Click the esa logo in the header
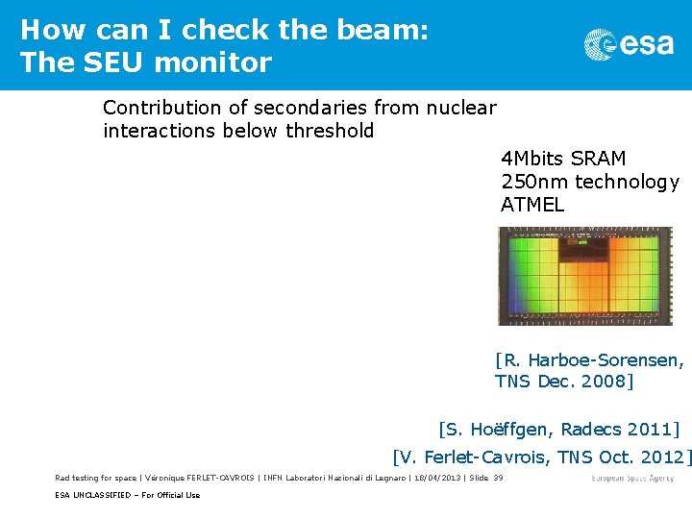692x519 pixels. pos(629,44)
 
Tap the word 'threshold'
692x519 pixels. pos(330,131)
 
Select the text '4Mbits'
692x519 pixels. pos(531,159)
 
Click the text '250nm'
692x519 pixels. pos(531,182)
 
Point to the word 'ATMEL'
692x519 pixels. pos(532,205)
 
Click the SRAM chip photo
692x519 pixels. pos(585,276)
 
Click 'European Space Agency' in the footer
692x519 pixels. pos(633,478)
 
